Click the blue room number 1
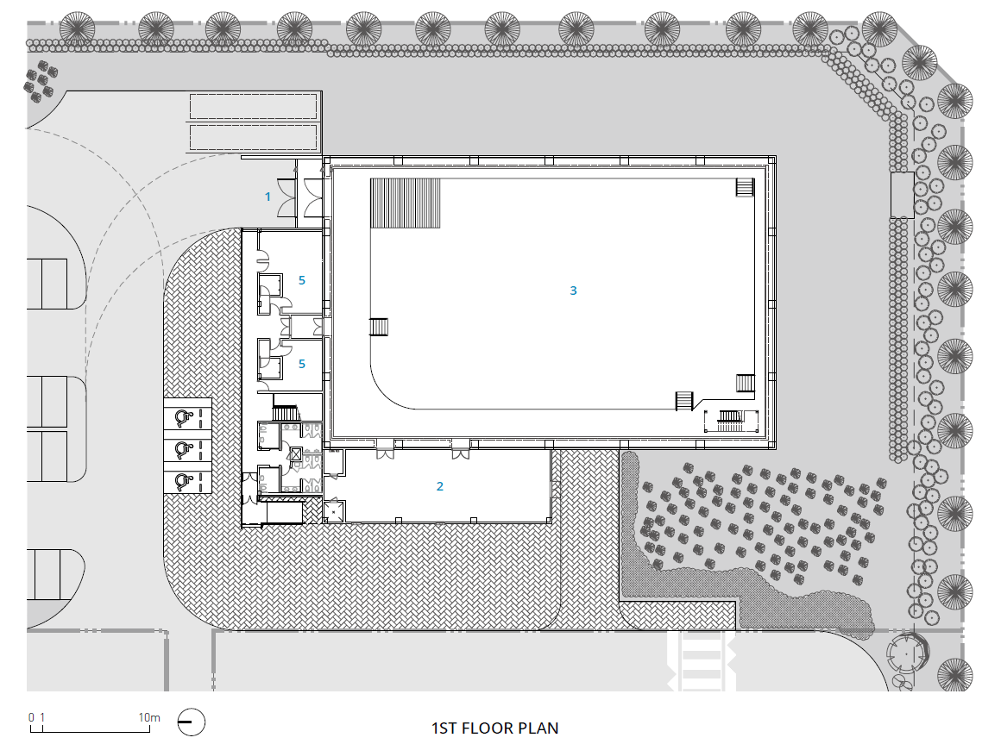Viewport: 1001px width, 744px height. (268, 197)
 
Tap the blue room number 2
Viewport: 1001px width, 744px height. (440, 486)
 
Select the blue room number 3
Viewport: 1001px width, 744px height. (573, 291)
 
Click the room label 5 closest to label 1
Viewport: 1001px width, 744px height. (302, 280)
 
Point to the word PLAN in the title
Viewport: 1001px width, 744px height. (538, 728)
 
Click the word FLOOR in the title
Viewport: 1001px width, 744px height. (488, 728)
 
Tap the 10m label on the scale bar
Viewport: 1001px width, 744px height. (149, 717)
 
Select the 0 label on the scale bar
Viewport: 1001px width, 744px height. (31, 717)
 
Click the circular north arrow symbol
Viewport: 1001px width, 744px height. (191, 723)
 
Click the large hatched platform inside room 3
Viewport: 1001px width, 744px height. (406, 203)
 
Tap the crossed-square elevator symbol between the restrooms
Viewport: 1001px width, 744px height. (296, 454)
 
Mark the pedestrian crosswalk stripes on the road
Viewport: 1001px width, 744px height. (701, 661)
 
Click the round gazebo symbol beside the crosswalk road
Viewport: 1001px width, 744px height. (907, 653)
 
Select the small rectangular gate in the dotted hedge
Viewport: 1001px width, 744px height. (902, 195)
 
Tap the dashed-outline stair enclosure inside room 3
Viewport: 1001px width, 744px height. (732, 421)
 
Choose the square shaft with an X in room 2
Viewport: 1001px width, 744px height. (334, 510)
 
